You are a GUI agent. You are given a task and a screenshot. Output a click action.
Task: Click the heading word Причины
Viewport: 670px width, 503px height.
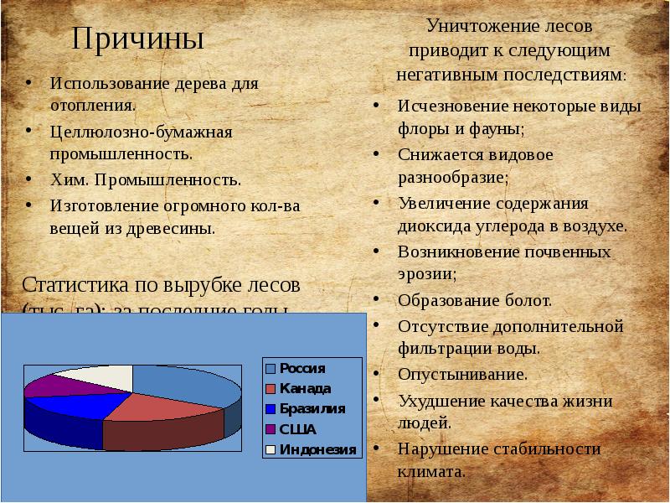[x=137, y=39]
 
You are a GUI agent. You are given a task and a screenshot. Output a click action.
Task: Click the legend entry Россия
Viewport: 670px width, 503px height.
[x=301, y=368]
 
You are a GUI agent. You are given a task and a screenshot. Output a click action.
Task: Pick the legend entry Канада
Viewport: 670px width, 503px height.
[x=305, y=388]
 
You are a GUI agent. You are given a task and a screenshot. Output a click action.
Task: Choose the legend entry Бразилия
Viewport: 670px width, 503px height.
[x=311, y=408]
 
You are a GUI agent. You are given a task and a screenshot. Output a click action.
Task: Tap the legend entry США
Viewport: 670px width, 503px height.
[x=297, y=428]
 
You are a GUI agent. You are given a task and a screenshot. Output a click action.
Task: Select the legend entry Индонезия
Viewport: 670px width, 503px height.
[x=317, y=449]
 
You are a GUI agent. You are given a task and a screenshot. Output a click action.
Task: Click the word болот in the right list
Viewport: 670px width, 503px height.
[x=528, y=300]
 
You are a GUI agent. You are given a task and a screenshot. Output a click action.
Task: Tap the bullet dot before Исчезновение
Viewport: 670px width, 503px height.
[x=379, y=106]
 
